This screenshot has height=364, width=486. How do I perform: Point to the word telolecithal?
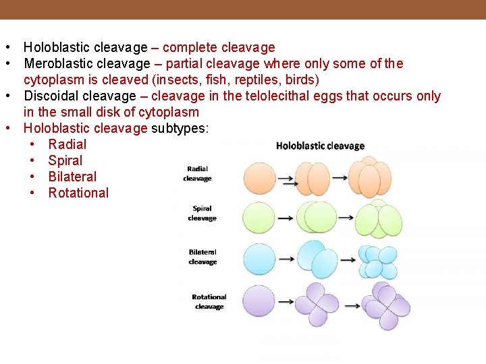pos(276,96)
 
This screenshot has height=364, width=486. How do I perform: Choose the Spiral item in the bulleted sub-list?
pos(65,160)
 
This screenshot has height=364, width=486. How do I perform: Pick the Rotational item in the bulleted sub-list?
pos(78,193)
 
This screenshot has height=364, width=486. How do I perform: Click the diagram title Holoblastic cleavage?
pos(320,146)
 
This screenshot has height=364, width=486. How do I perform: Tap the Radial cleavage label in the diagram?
pos(197,174)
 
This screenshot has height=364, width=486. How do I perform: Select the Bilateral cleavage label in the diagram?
pos(202,257)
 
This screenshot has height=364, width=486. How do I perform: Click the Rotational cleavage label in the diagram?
pos(209,301)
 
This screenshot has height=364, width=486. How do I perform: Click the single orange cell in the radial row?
pos(259,179)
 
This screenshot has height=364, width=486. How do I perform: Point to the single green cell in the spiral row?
pos(259,218)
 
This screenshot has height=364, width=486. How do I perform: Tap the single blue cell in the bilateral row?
pos(259,259)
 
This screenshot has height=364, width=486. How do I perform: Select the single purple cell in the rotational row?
pos(259,301)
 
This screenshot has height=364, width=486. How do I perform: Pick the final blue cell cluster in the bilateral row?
pos(377,262)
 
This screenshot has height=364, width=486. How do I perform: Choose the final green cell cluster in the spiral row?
pos(379,218)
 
